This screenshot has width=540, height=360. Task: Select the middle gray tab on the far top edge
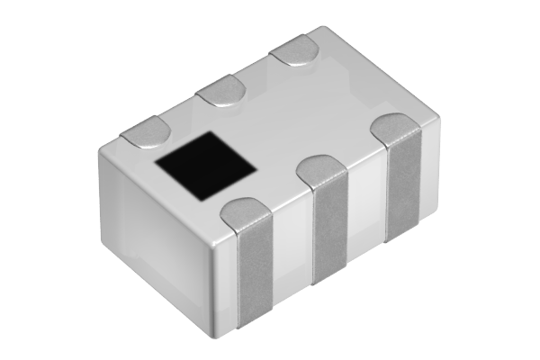tap(221, 90)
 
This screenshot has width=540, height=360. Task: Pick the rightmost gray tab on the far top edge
tap(295, 49)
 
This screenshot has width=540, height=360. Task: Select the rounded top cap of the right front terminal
tap(396, 129)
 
